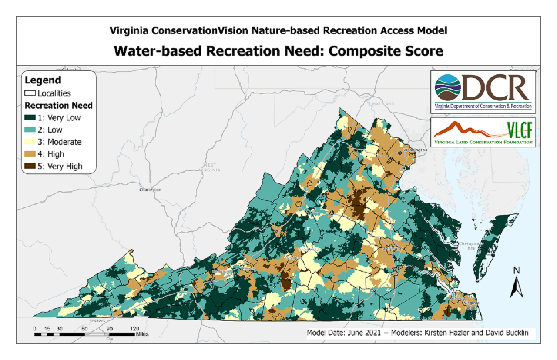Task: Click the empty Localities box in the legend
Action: tap(30, 93)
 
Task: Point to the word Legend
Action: tap(43, 80)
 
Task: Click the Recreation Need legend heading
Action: tap(58, 106)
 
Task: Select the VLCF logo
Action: tap(482, 132)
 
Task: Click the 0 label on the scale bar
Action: tap(34, 328)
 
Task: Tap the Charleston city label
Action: tap(150, 190)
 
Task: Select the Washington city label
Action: tap(416, 150)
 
